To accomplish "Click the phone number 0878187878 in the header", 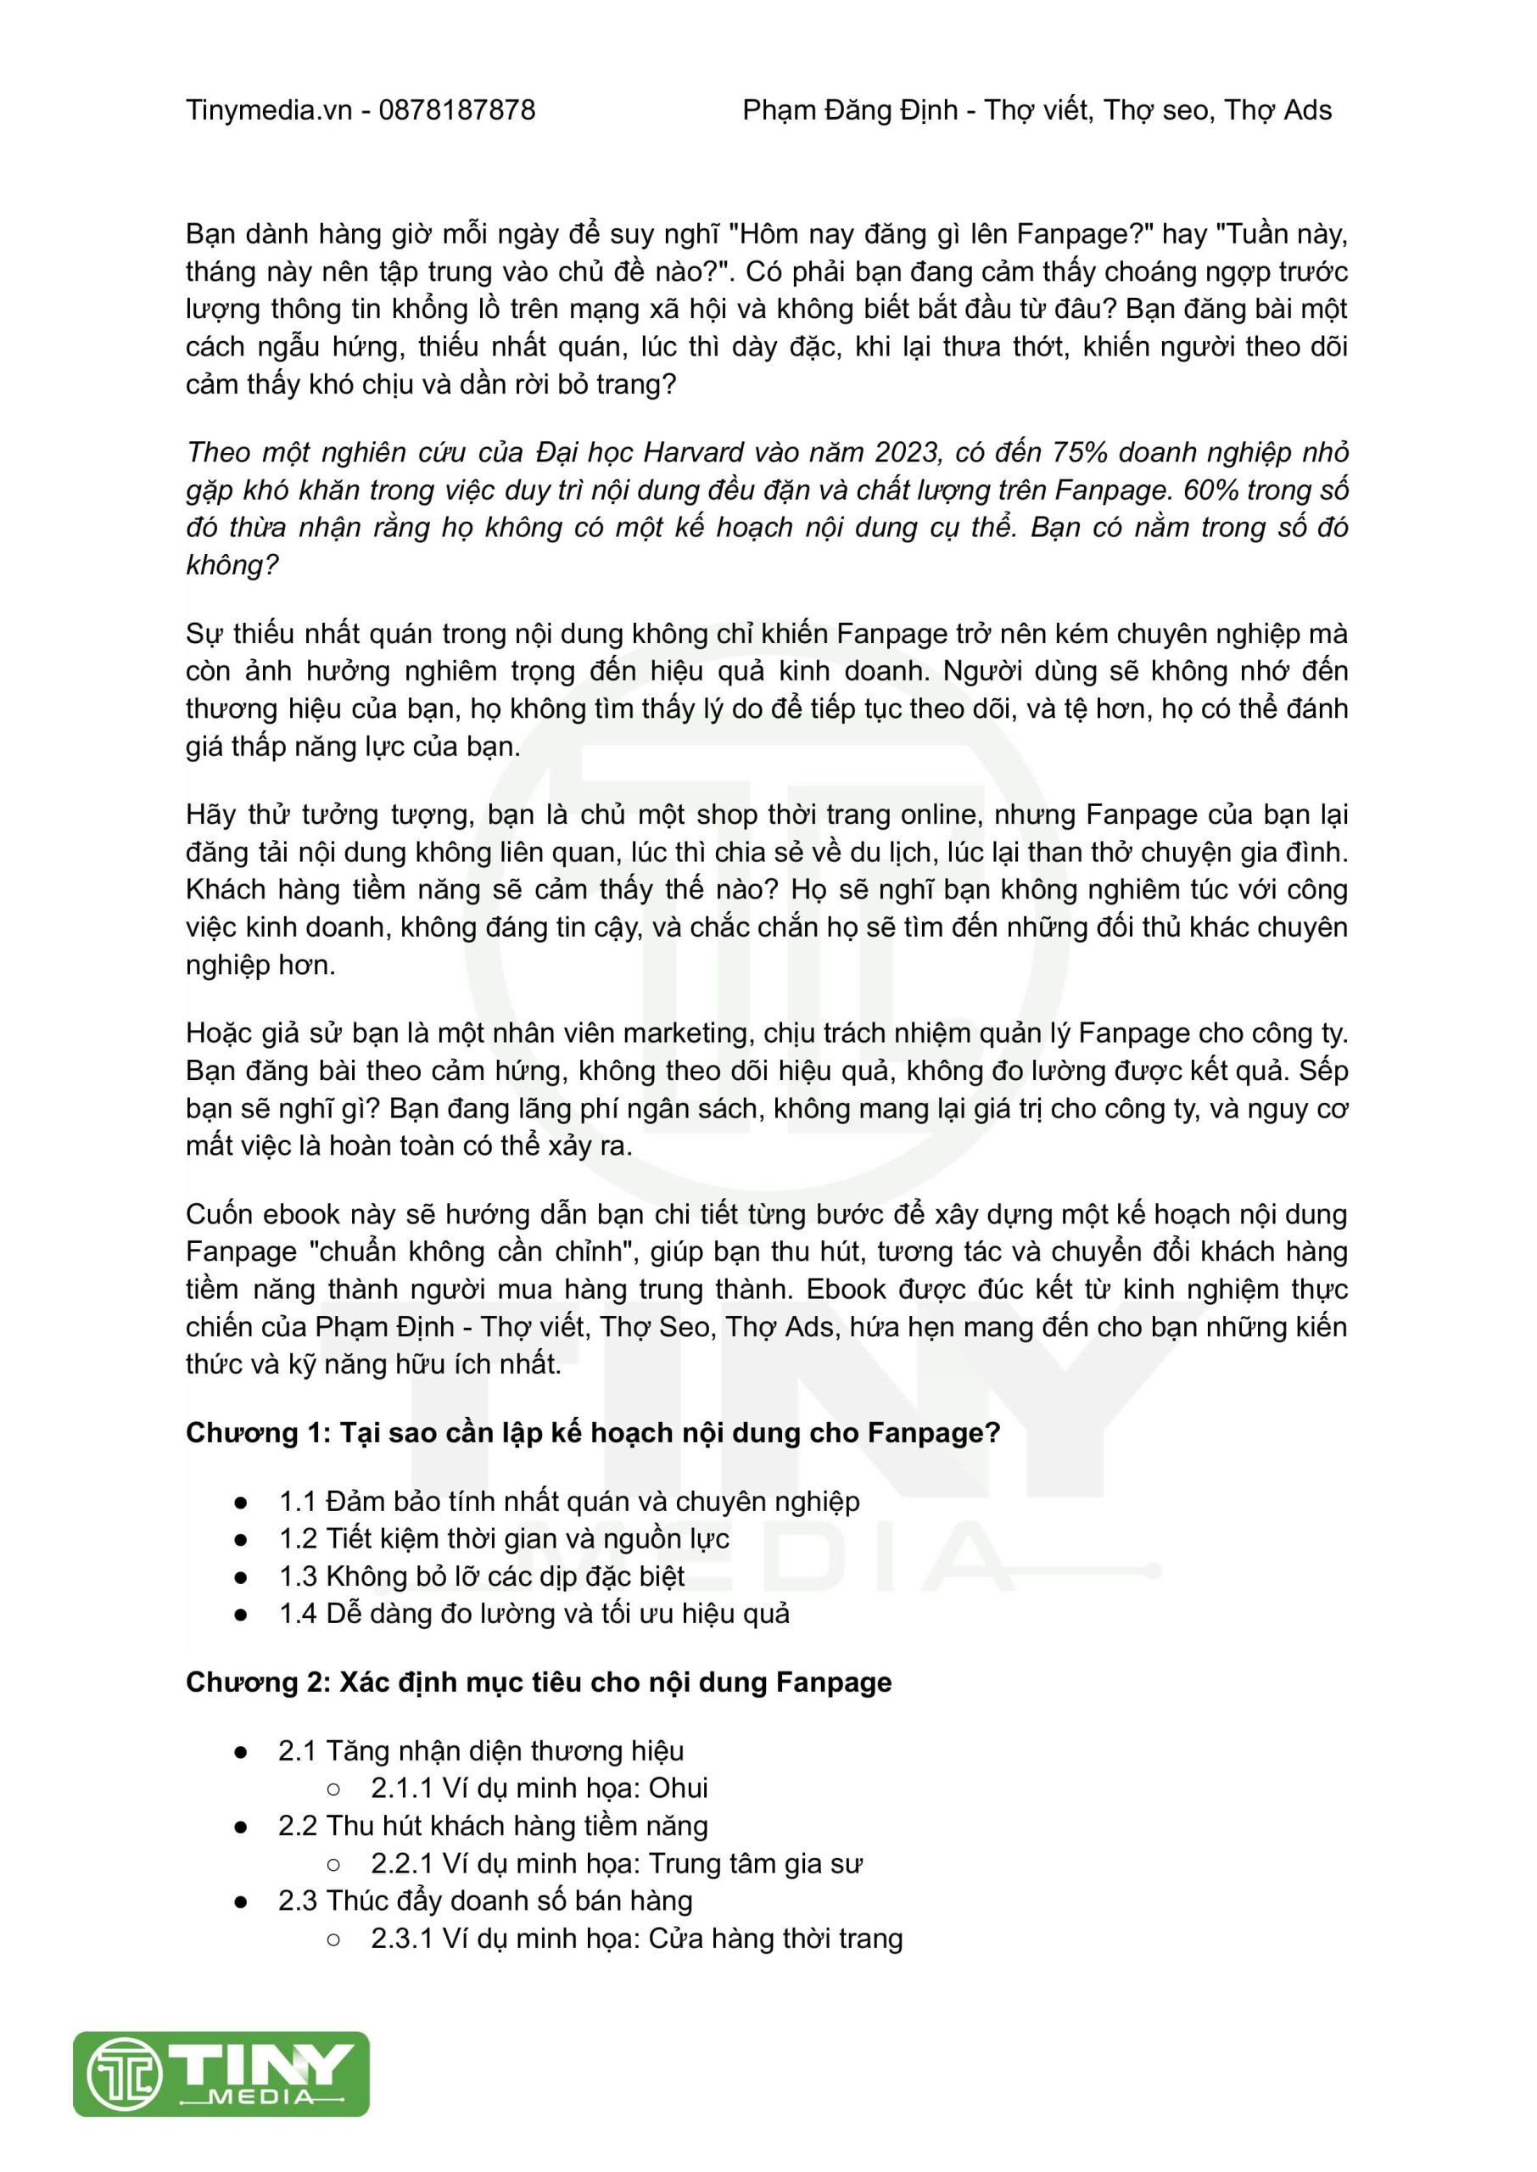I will coord(457,111).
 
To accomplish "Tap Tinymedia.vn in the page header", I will coord(269,111).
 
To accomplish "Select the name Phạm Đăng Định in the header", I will coord(850,111).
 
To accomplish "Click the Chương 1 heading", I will coord(592,1433).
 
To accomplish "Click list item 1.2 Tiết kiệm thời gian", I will coord(504,1539).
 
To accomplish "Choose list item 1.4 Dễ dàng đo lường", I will coord(534,1614).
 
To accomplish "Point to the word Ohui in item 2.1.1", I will coord(679,1788).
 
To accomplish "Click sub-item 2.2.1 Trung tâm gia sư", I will coord(616,1863).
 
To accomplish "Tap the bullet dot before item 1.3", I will coord(242,1577).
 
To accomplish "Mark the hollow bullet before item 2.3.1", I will coord(333,1940).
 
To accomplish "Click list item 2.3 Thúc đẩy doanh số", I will coord(484,1900).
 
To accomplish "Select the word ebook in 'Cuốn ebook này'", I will coord(301,1214).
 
